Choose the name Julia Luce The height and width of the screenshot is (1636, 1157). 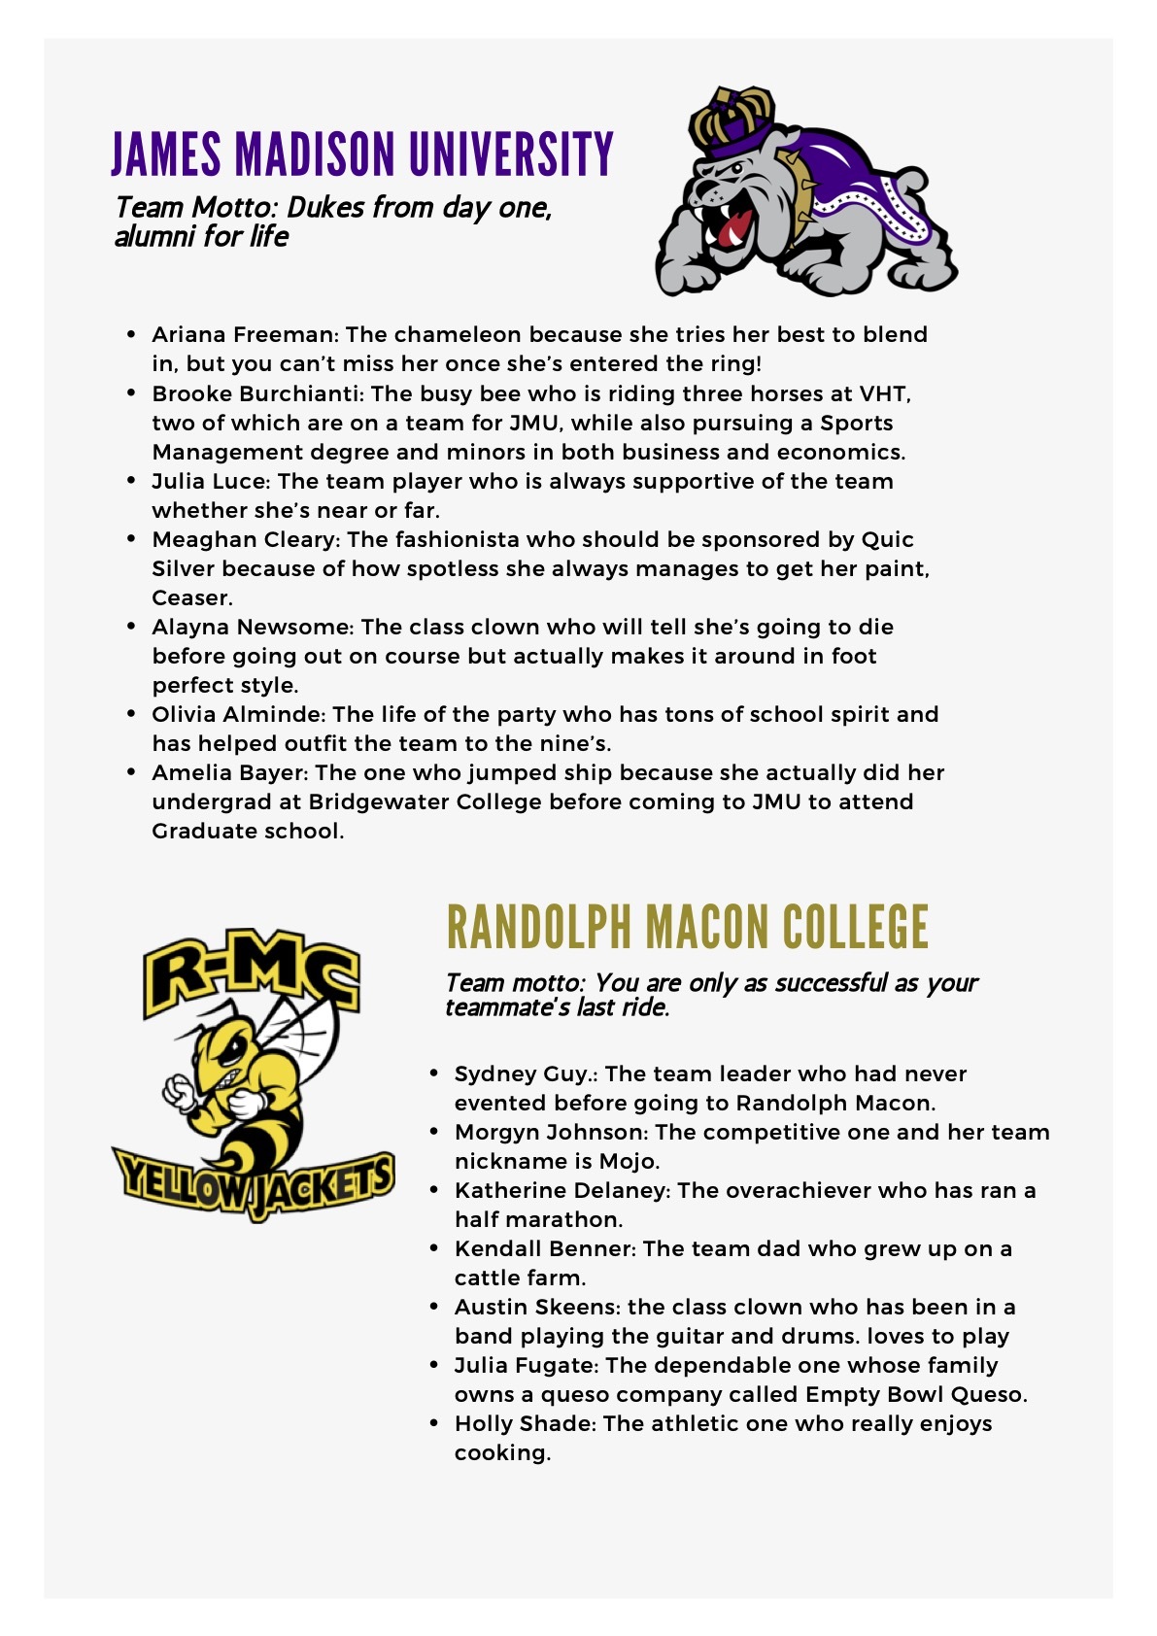click(x=208, y=481)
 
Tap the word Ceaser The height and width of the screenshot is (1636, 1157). click(x=191, y=597)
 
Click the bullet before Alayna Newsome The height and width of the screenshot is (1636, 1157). click(x=131, y=627)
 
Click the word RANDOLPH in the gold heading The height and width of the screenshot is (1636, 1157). click(x=539, y=927)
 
